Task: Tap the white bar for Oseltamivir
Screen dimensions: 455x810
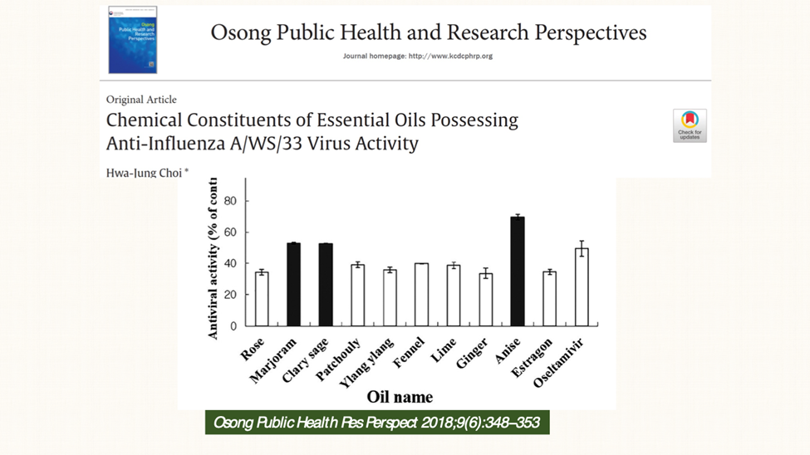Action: click(582, 286)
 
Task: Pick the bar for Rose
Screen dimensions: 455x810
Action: click(262, 299)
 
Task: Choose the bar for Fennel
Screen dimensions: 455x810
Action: click(421, 295)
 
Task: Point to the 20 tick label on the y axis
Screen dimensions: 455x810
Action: click(229, 295)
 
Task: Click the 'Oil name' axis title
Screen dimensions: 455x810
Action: click(400, 396)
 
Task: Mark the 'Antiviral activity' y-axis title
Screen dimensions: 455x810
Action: click(214, 257)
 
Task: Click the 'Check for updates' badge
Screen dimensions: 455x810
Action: click(690, 125)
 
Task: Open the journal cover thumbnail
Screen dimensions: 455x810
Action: click(132, 40)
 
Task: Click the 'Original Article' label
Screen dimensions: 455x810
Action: click(141, 100)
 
